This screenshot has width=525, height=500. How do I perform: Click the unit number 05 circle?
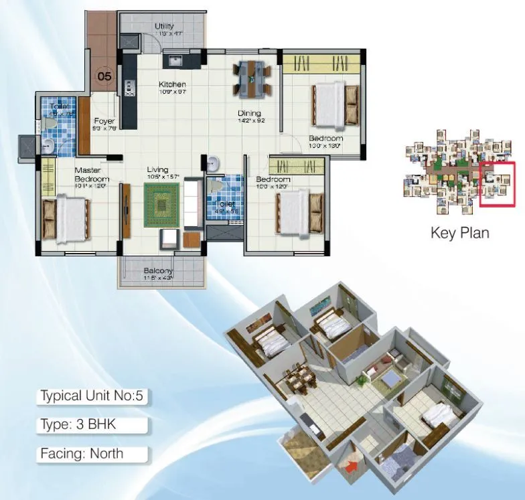104,76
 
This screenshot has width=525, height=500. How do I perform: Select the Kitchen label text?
172,84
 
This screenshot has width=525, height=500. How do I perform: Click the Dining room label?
249,113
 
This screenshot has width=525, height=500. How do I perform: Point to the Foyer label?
104,120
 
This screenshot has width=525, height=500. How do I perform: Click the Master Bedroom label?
92,175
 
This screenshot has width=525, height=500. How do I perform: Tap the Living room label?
158,170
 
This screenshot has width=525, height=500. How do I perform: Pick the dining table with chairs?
252,78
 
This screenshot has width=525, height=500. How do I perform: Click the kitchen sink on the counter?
175,61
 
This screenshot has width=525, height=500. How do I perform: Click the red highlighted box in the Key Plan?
498,183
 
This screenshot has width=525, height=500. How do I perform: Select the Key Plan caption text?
459,233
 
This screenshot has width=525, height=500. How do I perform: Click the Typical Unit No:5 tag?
92,395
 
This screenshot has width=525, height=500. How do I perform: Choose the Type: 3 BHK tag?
82,424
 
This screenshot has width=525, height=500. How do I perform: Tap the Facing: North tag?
82,453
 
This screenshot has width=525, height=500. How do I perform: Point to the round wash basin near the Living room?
211,161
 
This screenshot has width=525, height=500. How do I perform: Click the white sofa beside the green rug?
192,203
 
